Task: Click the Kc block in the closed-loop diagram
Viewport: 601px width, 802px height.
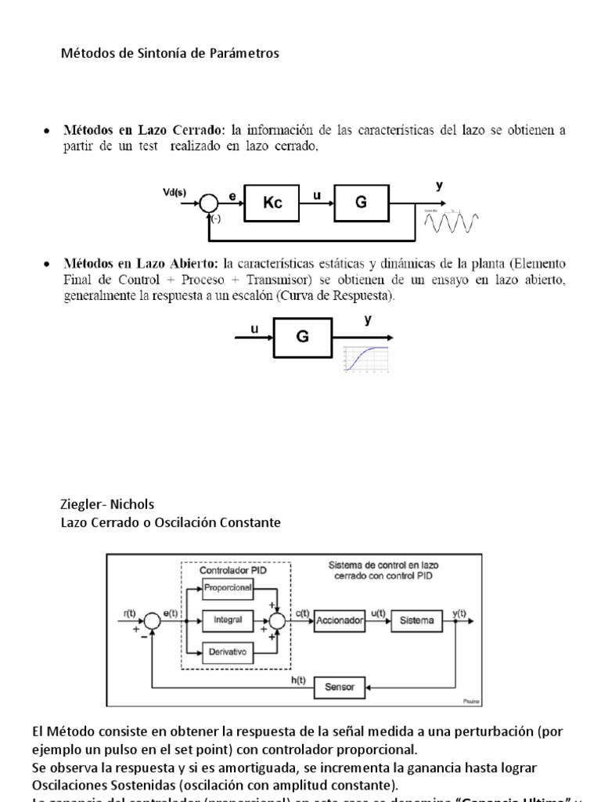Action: tap(273, 203)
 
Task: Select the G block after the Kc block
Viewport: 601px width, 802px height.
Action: tap(361, 203)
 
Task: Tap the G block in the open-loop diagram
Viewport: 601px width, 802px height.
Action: tap(303, 338)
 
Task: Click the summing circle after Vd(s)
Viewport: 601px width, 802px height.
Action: tap(209, 203)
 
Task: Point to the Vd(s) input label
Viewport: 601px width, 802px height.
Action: tap(175, 189)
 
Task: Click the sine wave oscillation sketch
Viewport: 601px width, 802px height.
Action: tap(452, 222)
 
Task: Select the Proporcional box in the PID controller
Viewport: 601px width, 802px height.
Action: tap(225, 587)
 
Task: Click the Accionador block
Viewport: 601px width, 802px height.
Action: tap(339, 620)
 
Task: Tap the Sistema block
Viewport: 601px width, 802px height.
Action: tap(416, 620)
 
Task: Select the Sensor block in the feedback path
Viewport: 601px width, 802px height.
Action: tap(339, 688)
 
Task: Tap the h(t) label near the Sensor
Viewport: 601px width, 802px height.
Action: tap(298, 680)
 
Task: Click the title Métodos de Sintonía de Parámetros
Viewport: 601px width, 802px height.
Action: tap(170, 53)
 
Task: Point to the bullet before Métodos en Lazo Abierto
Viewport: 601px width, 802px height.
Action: tap(47, 263)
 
